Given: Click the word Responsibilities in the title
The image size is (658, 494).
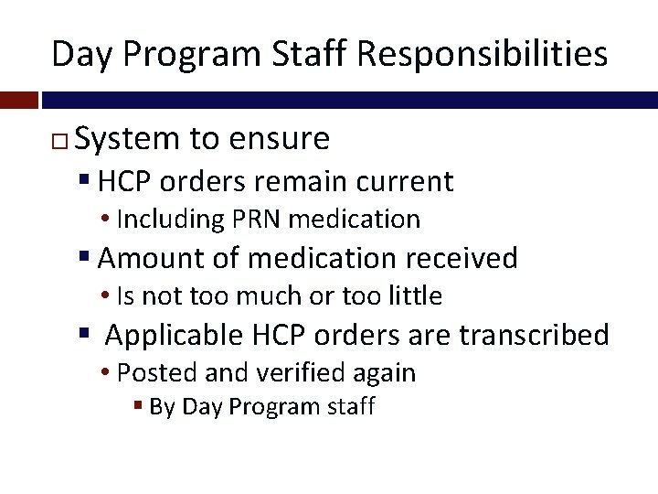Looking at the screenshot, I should (x=482, y=54).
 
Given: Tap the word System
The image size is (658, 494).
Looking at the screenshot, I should (x=128, y=139).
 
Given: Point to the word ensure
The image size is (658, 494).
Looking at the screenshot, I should (x=281, y=139).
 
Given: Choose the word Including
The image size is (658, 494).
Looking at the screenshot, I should (x=171, y=220).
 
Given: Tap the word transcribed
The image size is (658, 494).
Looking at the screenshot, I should (x=534, y=335).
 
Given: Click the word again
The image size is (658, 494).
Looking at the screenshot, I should (x=382, y=373).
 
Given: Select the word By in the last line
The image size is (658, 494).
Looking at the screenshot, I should (x=162, y=406).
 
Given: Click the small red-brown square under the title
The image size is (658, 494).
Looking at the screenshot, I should (x=19, y=99).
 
